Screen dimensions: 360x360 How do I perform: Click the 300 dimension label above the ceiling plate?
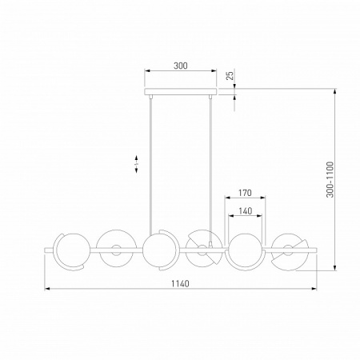pyautogui.click(x=181, y=66)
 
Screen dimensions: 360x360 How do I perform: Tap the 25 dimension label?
pyautogui.click(x=230, y=74)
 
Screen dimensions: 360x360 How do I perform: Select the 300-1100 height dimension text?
pyautogui.click(x=330, y=179)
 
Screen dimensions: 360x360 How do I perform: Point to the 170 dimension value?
pyautogui.click(x=245, y=193)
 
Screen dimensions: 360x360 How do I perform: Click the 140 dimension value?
pyautogui.click(x=246, y=211)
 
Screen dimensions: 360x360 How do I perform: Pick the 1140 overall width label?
pyautogui.click(x=180, y=283)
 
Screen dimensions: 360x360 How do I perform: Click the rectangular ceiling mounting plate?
pyautogui.click(x=181, y=92)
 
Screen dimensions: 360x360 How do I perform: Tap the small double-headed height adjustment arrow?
pyautogui.click(x=136, y=164)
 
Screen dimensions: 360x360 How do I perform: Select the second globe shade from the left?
pyautogui.click(x=116, y=248)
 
